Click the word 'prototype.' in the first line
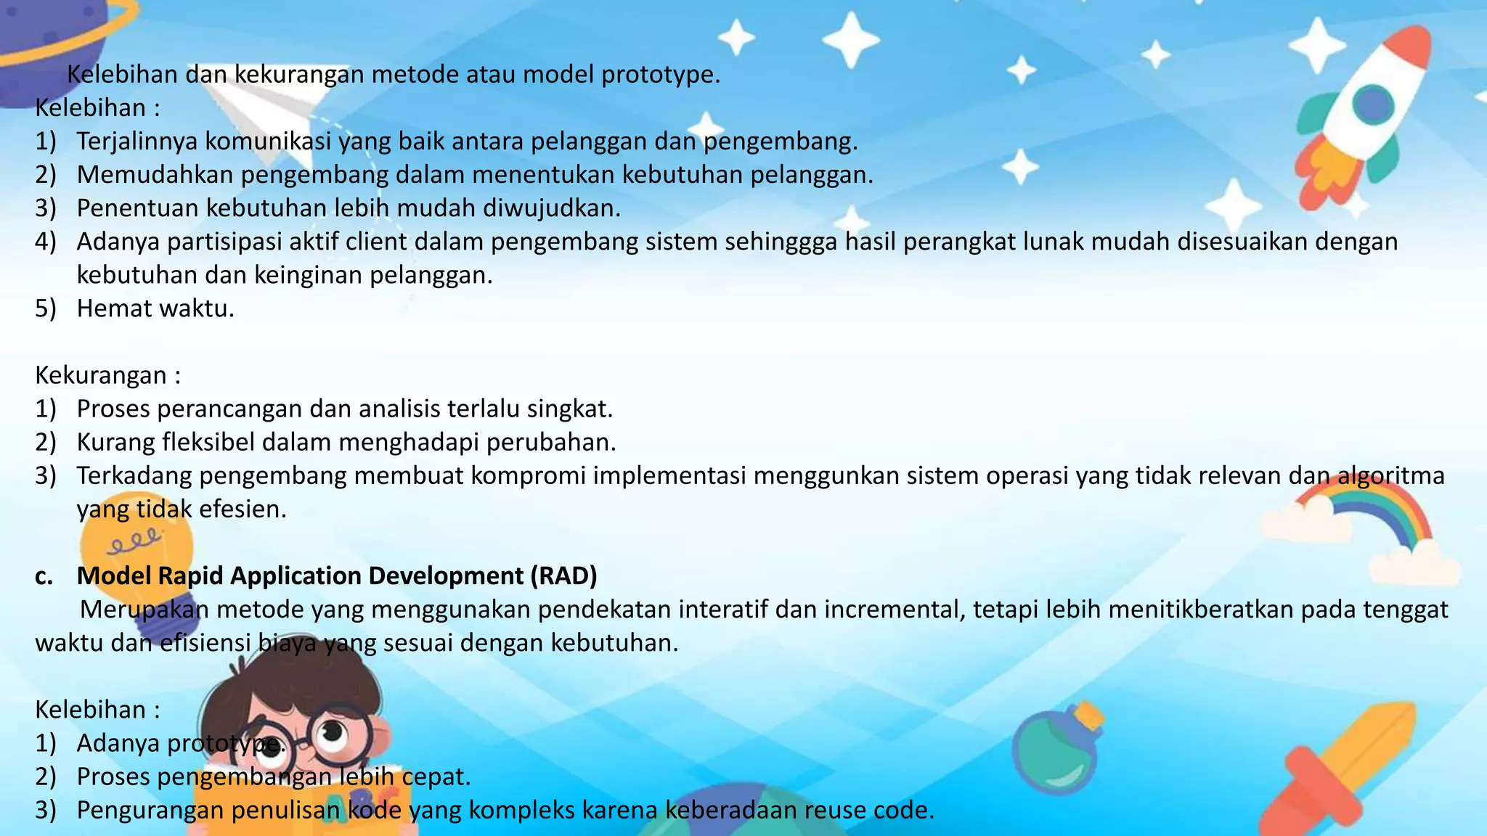tap(661, 75)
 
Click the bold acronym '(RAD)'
tap(563, 575)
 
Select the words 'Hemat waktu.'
tap(155, 308)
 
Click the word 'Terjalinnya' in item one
tap(137, 142)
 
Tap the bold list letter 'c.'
tap(44, 575)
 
